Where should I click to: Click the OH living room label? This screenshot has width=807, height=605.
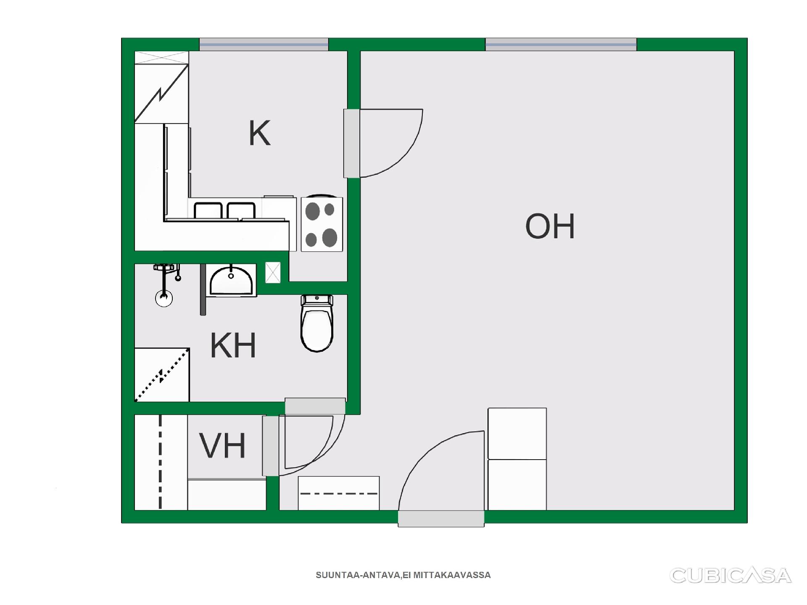pos(550,226)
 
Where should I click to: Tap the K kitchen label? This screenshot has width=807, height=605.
pos(259,133)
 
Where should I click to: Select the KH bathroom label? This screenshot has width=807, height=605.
pos(233,345)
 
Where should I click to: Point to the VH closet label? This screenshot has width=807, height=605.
pos(222,445)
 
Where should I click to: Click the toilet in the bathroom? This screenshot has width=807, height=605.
pos(317,323)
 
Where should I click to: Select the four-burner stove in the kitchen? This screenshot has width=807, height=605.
pos(322,224)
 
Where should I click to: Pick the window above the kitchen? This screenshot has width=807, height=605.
pos(264,44)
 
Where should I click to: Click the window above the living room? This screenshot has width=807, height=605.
pos(561,44)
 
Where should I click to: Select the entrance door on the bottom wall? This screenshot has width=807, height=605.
pos(441,479)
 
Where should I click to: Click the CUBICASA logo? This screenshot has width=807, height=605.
pos(731,576)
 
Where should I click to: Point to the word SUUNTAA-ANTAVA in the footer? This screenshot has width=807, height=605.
pos(358,575)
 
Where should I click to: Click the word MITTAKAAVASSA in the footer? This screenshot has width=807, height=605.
pos(452,575)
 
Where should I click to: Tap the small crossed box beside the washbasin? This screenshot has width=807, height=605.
pos(273,273)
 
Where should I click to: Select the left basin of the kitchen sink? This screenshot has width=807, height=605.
pos(208,210)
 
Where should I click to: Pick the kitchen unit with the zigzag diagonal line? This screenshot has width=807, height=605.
pos(161,93)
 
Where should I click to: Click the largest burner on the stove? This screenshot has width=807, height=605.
pos(330,238)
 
